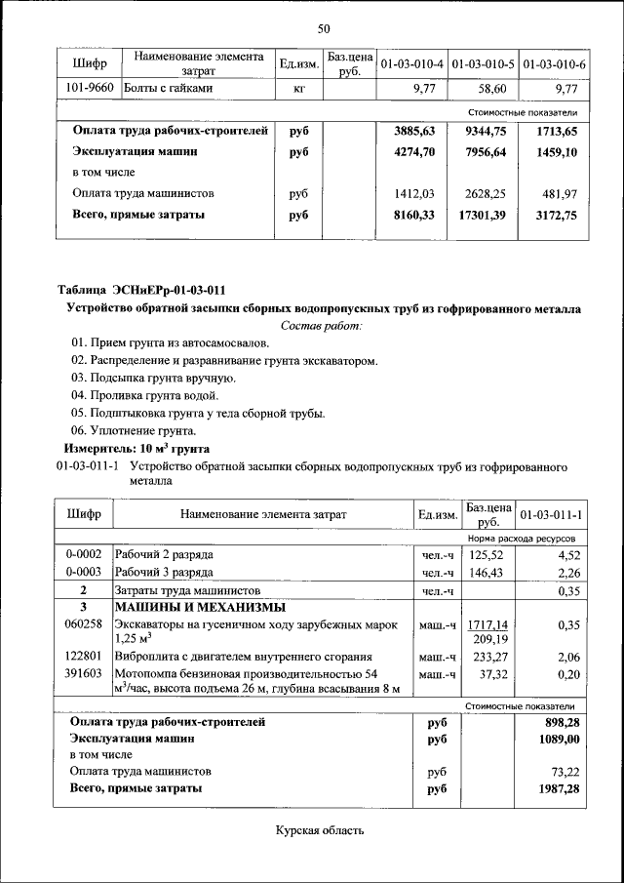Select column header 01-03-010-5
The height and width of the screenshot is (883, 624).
(x=484, y=64)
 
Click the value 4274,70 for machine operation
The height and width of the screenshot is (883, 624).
(x=413, y=152)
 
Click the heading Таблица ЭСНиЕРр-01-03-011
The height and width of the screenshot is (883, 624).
(x=141, y=291)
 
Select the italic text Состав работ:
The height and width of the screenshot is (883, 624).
(x=322, y=325)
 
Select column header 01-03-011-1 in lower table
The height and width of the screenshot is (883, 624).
(x=551, y=514)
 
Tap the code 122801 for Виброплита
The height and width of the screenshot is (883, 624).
(x=83, y=657)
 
